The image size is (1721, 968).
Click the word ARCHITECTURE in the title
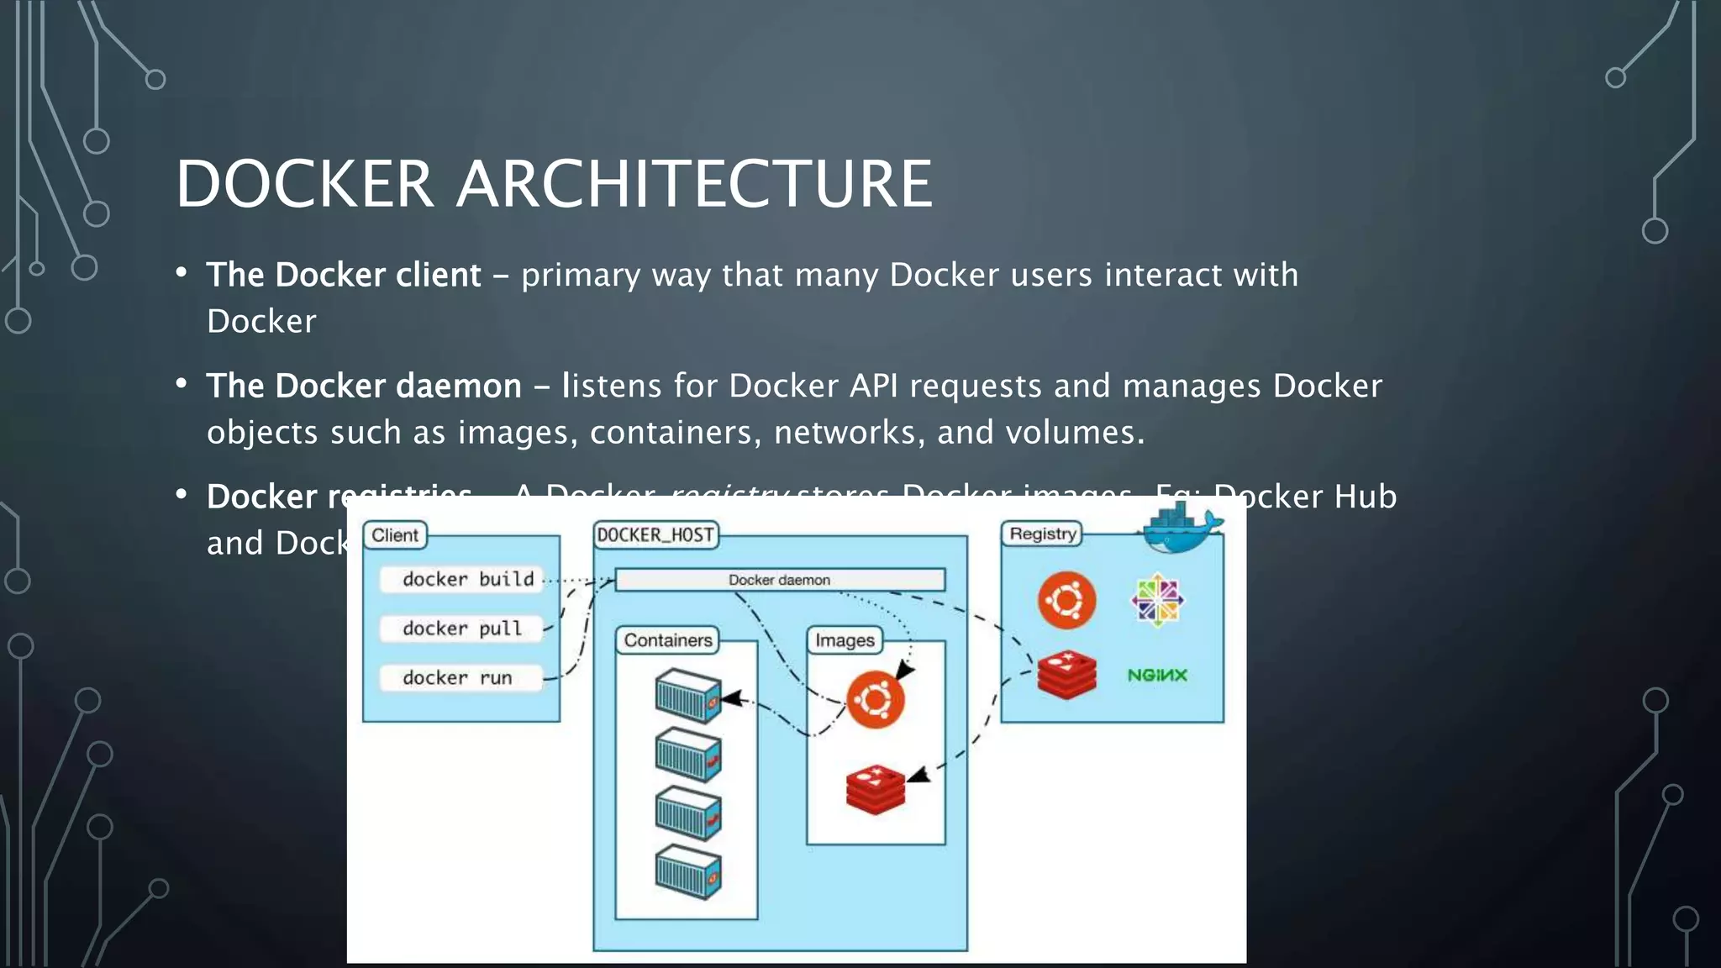pos(694,184)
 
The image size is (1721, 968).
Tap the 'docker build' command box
pos(462,579)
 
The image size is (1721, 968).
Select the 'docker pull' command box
pos(462,629)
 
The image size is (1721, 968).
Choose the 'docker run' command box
pos(459,677)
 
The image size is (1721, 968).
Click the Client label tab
pos(395,535)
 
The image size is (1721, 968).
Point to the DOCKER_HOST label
pos(656,535)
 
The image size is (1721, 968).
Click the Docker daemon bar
pos(780,580)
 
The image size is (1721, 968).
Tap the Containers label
pos(668,640)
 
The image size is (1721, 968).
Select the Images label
pos(845,640)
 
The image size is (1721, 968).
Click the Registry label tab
pos(1042,534)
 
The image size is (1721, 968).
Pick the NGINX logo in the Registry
pos(1157,675)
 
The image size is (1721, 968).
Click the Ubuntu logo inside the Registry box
pos(1066,600)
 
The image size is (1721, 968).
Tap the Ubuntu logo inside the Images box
pos(875,699)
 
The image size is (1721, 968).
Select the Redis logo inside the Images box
pos(875,790)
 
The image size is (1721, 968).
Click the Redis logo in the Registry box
pos(1066,675)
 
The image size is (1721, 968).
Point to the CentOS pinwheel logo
pos(1157,600)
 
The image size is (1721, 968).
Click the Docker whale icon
pos(1183,529)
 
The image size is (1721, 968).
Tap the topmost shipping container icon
pos(688,696)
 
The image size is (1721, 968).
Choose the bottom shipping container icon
pos(688,872)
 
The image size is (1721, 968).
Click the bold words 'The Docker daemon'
pos(364,386)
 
